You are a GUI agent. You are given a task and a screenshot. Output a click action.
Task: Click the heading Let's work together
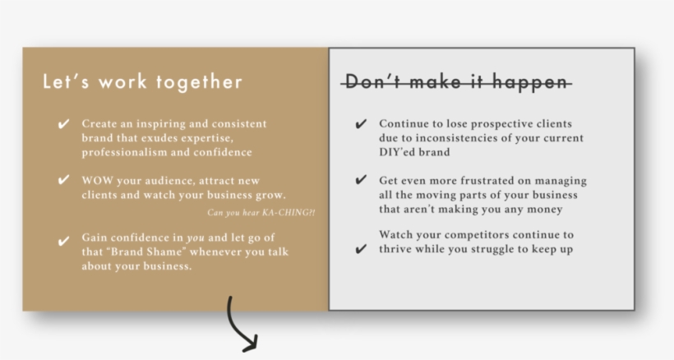click(x=142, y=82)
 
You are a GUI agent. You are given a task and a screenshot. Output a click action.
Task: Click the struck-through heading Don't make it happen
click(x=456, y=82)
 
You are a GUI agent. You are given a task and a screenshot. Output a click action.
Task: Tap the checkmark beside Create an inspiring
click(x=63, y=124)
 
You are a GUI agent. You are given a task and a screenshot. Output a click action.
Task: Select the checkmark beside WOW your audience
click(x=63, y=180)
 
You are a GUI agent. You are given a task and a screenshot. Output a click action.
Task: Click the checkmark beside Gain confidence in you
click(x=63, y=241)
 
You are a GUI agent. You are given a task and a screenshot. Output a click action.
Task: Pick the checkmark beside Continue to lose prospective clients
click(x=361, y=124)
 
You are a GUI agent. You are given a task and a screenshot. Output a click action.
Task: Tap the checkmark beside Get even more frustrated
click(x=361, y=180)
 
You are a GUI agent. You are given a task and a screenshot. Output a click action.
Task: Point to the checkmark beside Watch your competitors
click(x=361, y=249)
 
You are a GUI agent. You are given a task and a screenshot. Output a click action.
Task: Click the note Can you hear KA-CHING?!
click(x=261, y=214)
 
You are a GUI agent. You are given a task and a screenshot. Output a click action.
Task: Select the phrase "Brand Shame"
click(x=135, y=252)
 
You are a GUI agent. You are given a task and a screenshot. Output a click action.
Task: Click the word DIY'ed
click(x=399, y=152)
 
